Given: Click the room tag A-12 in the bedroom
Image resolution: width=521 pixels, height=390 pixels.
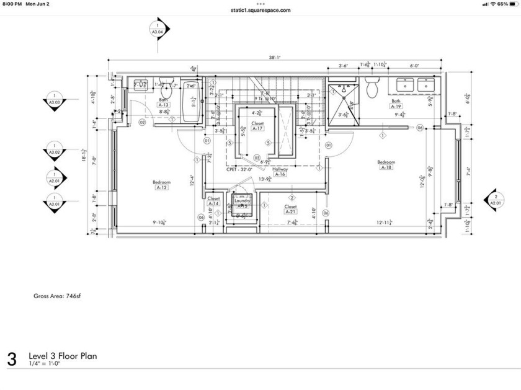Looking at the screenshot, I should (163, 187).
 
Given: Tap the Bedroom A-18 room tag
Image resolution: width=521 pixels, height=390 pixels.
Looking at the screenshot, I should (386, 167).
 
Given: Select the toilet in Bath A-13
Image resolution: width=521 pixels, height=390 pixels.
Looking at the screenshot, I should (165, 90).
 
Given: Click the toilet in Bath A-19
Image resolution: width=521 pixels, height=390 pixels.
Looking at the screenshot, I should (372, 89).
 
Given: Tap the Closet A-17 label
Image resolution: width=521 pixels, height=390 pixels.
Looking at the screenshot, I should (258, 128).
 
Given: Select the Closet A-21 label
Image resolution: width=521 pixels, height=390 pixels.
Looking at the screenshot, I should (291, 211).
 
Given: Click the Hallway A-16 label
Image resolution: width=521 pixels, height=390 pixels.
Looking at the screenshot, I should (280, 175).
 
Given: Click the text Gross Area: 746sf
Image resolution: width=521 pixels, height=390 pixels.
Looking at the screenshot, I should (57, 296).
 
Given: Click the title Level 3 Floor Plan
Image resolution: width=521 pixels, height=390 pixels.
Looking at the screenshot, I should (62, 356).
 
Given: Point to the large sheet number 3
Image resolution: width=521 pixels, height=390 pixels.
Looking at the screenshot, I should (12, 359).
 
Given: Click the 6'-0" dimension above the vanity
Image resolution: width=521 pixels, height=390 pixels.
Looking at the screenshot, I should (414, 65).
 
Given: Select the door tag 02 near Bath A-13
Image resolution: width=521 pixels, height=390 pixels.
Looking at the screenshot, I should (142, 123).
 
